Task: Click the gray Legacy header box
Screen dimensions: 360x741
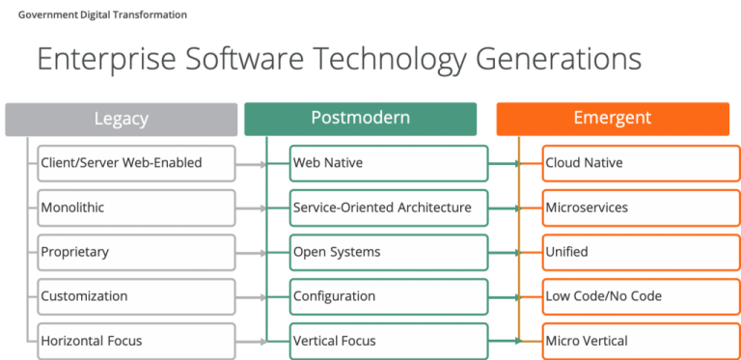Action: click(122, 119)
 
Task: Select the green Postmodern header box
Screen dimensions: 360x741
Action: click(360, 119)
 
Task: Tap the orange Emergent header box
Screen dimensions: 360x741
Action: click(612, 119)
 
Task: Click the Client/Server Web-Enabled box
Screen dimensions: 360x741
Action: click(136, 163)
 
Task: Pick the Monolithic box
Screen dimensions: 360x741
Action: click(136, 208)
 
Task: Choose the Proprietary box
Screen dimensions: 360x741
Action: click(136, 252)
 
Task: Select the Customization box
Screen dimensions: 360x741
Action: click(136, 296)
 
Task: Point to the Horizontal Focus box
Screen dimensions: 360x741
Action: click(136, 340)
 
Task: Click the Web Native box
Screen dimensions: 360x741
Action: click(389, 163)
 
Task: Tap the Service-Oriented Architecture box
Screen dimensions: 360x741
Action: click(389, 208)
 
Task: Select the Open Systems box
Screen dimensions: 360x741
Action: click(389, 252)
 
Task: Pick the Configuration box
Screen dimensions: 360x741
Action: click(389, 296)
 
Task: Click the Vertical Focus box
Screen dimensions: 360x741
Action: click(389, 340)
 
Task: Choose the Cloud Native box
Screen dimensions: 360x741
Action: click(636, 163)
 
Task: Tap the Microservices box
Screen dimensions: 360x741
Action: click(636, 208)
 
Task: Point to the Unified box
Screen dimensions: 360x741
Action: click(636, 252)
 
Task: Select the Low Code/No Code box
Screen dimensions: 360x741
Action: click(636, 296)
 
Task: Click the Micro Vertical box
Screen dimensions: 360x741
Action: click(636, 340)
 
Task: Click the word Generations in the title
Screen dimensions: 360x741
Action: click(558, 60)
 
